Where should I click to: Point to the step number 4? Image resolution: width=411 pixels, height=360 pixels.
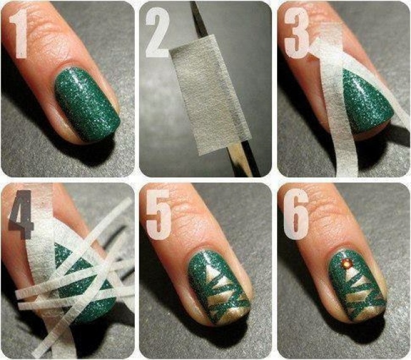pos(20,212)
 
